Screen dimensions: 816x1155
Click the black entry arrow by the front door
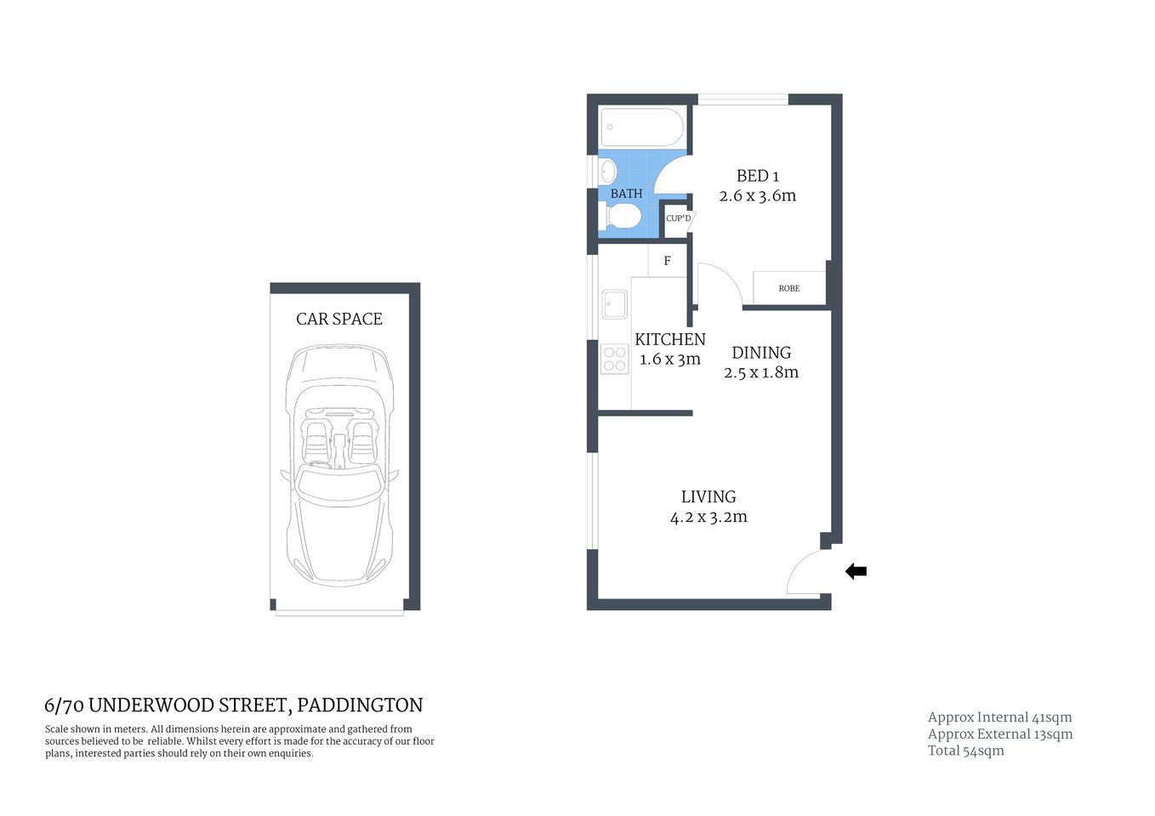tap(856, 572)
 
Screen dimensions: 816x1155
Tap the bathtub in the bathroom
tap(642, 127)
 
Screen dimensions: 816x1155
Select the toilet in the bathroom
tap(622, 219)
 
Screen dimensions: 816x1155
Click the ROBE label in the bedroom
tap(788, 288)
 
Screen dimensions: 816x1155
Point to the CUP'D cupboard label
tap(678, 218)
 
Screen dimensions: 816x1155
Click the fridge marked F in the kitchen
tap(667, 261)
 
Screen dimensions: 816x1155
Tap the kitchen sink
tap(614, 304)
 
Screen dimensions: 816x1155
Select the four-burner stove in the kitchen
tap(614, 359)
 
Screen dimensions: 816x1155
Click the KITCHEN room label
tap(670, 339)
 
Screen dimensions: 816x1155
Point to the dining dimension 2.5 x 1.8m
tap(761, 372)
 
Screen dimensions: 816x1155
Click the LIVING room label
tap(708, 497)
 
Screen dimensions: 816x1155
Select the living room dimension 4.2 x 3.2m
tap(708, 517)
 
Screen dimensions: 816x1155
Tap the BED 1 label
tap(757, 176)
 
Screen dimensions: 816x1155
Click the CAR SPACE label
tap(339, 319)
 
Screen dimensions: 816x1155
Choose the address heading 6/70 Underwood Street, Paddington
tap(234, 705)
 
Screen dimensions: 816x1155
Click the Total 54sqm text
tap(965, 751)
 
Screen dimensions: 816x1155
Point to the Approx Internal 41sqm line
tap(999, 717)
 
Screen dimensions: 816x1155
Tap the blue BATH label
tap(626, 194)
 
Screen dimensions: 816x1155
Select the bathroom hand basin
tap(607, 173)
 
